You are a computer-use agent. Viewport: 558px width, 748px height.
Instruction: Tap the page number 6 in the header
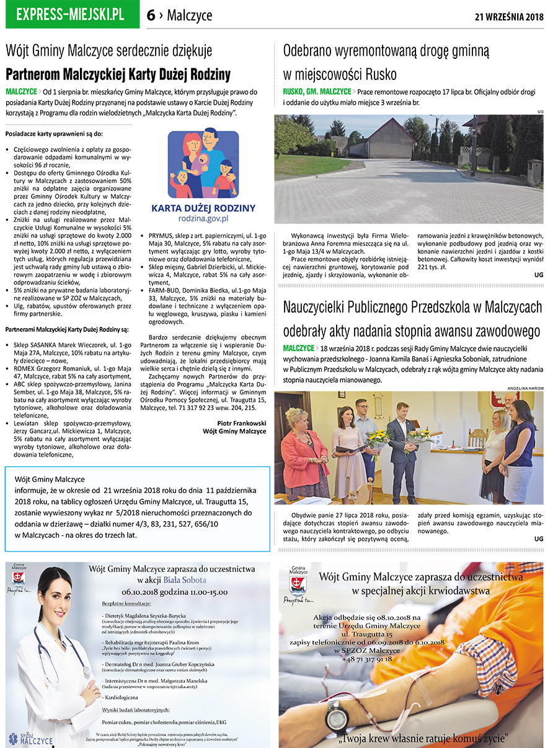[x=151, y=16]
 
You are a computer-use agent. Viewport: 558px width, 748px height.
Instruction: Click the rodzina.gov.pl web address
[x=203, y=218]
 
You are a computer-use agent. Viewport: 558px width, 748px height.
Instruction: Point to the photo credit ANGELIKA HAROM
[x=525, y=388]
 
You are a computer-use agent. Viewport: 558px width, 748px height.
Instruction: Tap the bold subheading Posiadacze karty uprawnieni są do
[x=53, y=133]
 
